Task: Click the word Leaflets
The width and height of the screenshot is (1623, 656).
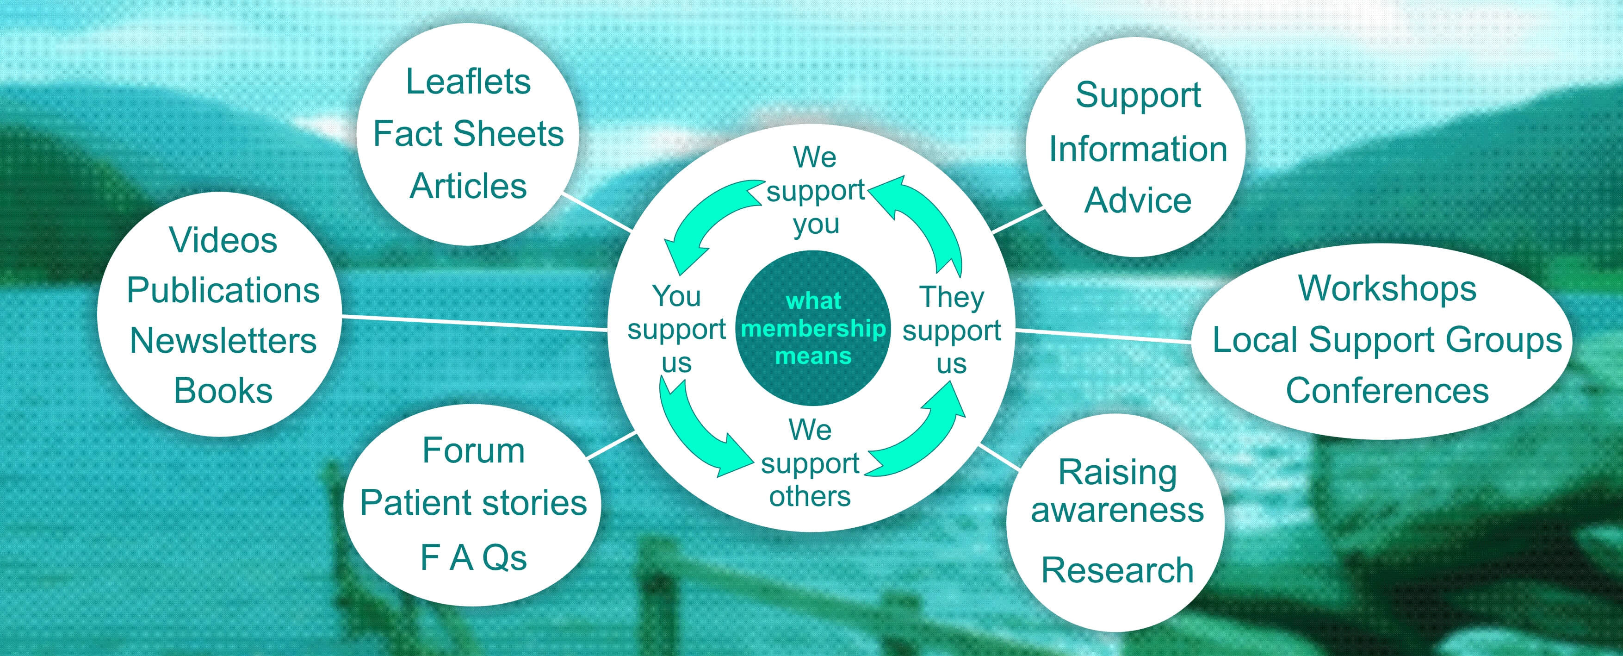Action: point(468,82)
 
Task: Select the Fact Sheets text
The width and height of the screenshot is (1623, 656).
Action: point(468,134)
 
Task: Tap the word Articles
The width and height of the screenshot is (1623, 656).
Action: point(468,187)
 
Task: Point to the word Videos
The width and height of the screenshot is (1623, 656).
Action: point(223,241)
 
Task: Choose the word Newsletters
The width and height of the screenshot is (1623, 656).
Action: point(223,341)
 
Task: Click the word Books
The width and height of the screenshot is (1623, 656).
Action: point(223,391)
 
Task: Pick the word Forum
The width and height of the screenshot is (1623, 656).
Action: point(473,450)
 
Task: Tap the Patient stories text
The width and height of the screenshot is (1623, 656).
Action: point(473,503)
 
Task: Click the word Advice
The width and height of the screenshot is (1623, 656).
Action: point(1138,200)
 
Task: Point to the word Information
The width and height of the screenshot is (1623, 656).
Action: point(1138,150)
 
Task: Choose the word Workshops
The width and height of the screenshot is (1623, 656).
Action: point(1388,288)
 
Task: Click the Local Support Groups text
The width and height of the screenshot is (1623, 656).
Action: point(1388,340)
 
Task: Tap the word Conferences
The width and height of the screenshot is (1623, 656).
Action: point(1388,391)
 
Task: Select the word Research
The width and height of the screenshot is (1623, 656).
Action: point(1117,570)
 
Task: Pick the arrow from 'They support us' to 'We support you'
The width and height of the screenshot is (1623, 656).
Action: point(926,214)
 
